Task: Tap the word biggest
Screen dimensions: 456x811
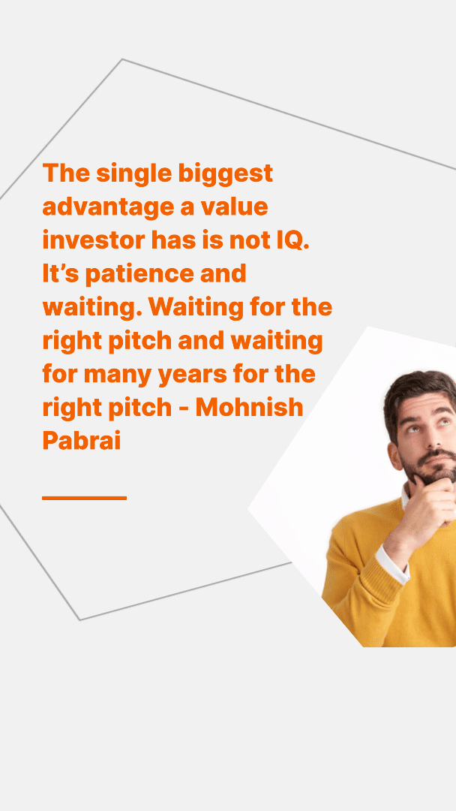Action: (226, 174)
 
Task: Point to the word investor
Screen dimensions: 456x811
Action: (93, 240)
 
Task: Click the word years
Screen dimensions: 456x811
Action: (192, 375)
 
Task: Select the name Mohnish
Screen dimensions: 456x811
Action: (249, 408)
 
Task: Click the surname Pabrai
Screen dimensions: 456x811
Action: (82, 442)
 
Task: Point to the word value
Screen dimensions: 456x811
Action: (235, 207)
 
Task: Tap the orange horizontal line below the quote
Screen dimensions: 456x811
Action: (84, 498)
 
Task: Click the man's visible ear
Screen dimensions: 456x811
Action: (395, 456)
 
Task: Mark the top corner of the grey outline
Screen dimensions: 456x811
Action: (122, 59)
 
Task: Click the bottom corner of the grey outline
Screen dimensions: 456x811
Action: (80, 620)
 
